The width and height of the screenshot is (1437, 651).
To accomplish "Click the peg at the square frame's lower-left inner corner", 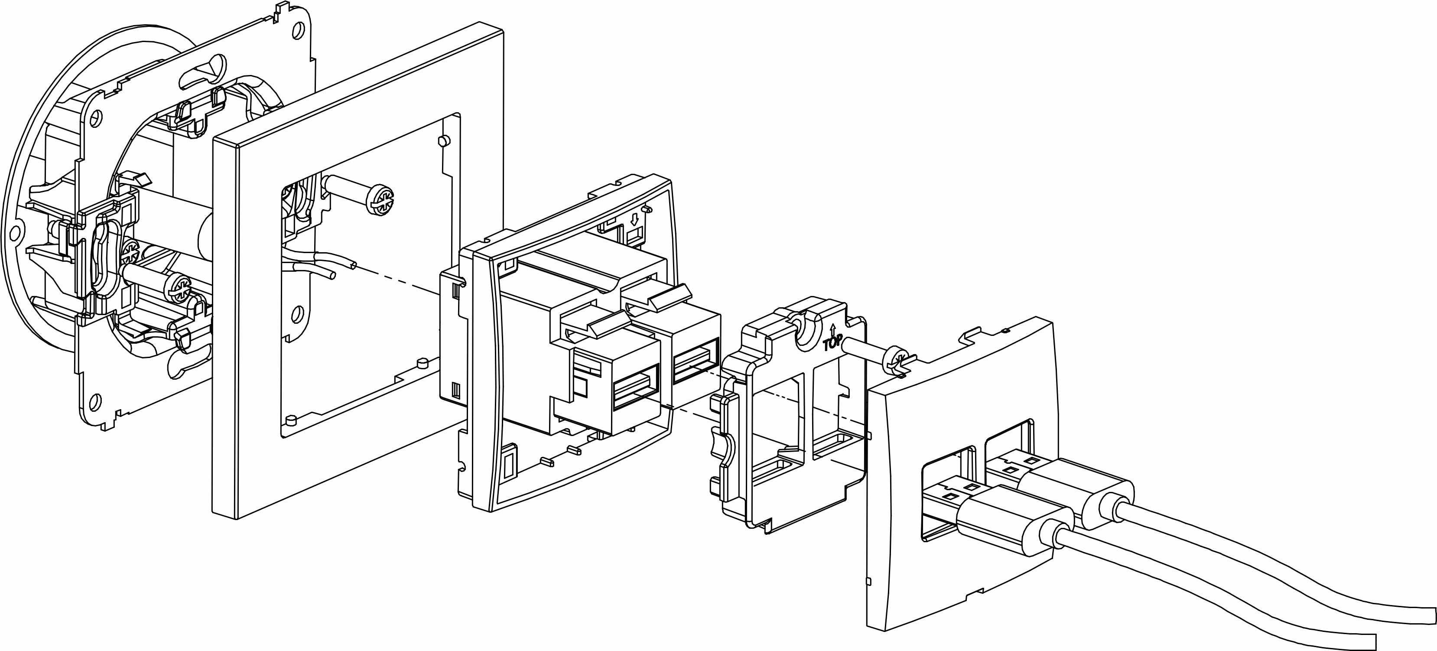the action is pos(290,420).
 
